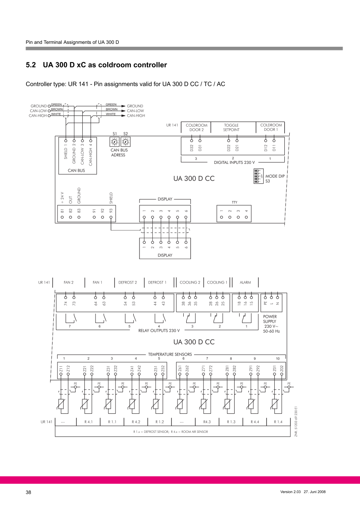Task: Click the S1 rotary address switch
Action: [x=114, y=142]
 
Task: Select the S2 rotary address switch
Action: [x=125, y=142]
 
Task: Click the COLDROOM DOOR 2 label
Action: [x=197, y=127]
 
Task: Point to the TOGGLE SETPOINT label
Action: [x=231, y=127]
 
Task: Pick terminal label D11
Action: [x=274, y=147]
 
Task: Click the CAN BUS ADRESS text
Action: [x=118, y=153]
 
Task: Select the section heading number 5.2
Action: [x=31, y=65]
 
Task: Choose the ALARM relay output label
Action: [x=245, y=283]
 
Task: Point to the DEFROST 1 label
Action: [x=157, y=283]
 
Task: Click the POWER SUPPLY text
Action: [x=270, y=319]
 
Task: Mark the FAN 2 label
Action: [x=69, y=283]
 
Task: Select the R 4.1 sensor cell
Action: [x=89, y=422]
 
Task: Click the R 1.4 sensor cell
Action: [x=278, y=422]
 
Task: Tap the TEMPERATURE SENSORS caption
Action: [x=170, y=354]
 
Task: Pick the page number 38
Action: [x=29, y=492]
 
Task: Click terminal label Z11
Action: [x=61, y=369]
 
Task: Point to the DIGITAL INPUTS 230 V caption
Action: [x=234, y=162]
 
